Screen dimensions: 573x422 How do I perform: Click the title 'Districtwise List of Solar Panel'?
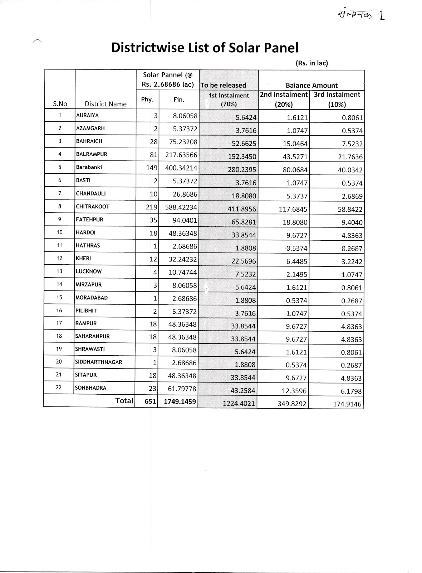pos(205,48)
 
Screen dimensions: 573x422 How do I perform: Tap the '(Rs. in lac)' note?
pos(311,63)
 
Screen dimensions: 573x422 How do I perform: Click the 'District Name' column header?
pos(105,104)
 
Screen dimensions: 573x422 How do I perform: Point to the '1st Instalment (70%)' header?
pos(229,100)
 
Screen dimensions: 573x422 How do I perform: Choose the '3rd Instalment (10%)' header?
pos(337,100)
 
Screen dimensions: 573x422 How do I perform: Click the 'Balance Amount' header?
pos(311,86)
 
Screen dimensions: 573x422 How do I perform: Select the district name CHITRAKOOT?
pos(93,207)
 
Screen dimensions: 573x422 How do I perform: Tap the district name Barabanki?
pos(89,167)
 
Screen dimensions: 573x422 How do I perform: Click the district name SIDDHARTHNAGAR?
pos(98,362)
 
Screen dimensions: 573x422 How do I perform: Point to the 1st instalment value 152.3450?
pos(242,157)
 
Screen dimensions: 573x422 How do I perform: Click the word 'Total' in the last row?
pos(124,401)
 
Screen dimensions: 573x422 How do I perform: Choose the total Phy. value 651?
pos(150,402)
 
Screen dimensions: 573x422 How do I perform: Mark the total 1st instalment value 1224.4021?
pos(239,404)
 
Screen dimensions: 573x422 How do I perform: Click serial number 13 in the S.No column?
pos(59,271)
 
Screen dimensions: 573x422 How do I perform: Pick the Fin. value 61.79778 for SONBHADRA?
pos(182,388)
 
